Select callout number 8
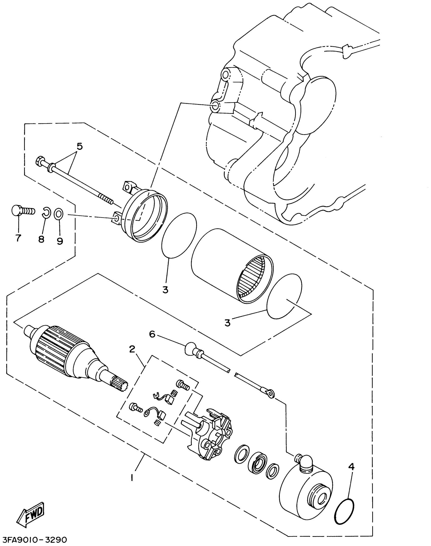pyautogui.click(x=41, y=239)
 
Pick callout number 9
pyautogui.click(x=60, y=241)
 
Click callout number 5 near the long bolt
pyautogui.click(x=80, y=147)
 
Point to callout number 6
pyautogui.click(x=152, y=334)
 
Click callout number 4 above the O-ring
pyautogui.click(x=351, y=467)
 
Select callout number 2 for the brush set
pyautogui.click(x=132, y=349)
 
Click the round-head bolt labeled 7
pyautogui.click(x=22, y=210)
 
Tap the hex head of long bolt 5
pyautogui.click(x=40, y=161)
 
